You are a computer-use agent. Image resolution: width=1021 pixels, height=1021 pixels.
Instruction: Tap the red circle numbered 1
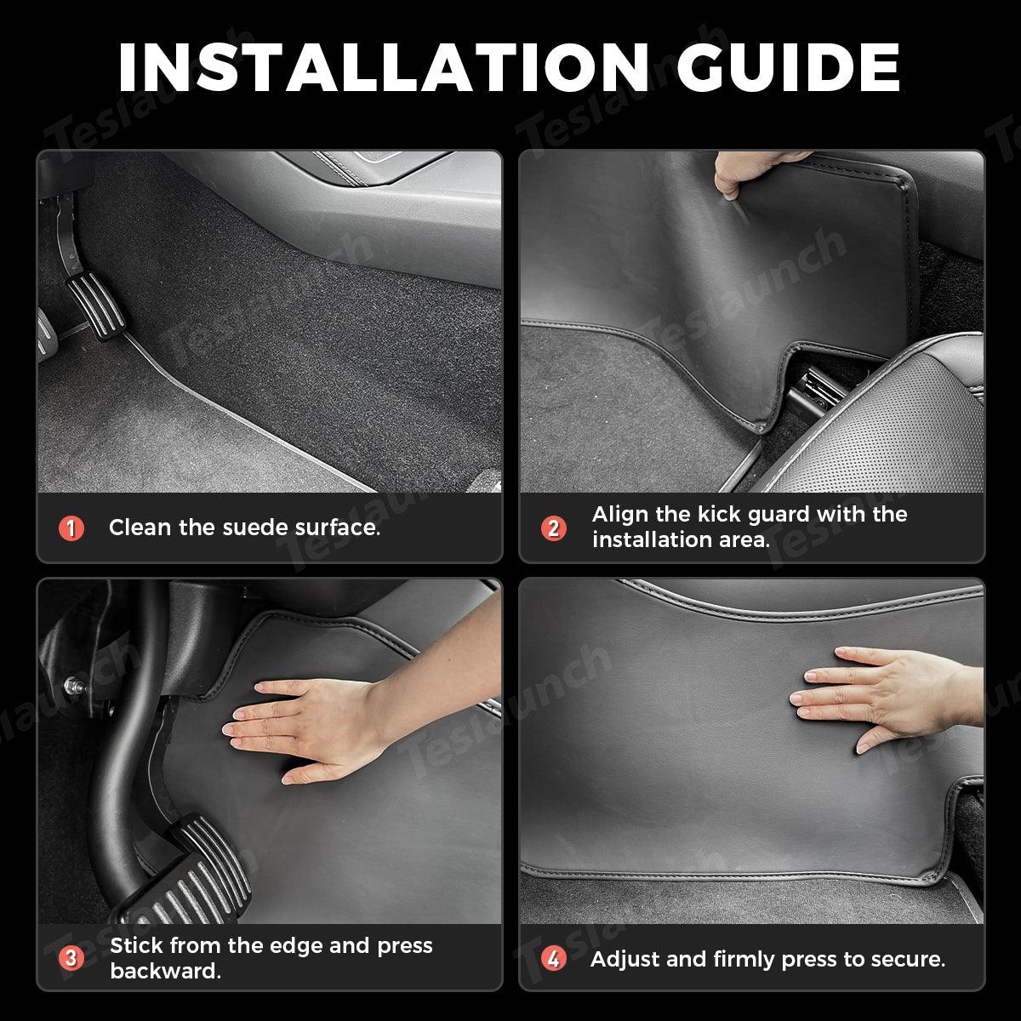coord(71,528)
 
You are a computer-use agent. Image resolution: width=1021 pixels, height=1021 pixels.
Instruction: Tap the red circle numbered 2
coord(554,528)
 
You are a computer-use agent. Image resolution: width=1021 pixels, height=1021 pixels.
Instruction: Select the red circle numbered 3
coord(71,959)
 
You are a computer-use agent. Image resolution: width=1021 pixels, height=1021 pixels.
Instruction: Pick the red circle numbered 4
coord(554,959)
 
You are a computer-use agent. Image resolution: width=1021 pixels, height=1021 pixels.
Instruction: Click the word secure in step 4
coord(912,959)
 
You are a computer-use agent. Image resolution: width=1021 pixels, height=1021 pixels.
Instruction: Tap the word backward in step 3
coord(165,972)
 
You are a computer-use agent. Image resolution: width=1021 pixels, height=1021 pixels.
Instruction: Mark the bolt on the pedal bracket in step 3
coord(74,683)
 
